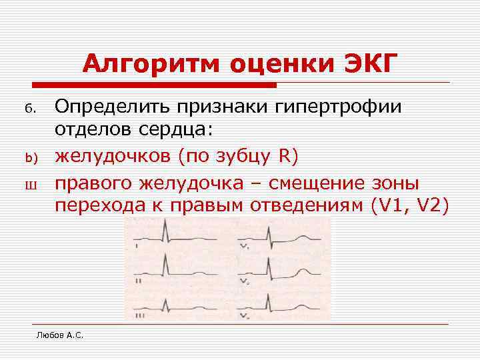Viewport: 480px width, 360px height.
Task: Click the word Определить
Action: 107,107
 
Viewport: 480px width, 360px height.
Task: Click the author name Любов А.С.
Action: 59,334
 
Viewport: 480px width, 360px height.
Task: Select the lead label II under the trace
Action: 139,281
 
